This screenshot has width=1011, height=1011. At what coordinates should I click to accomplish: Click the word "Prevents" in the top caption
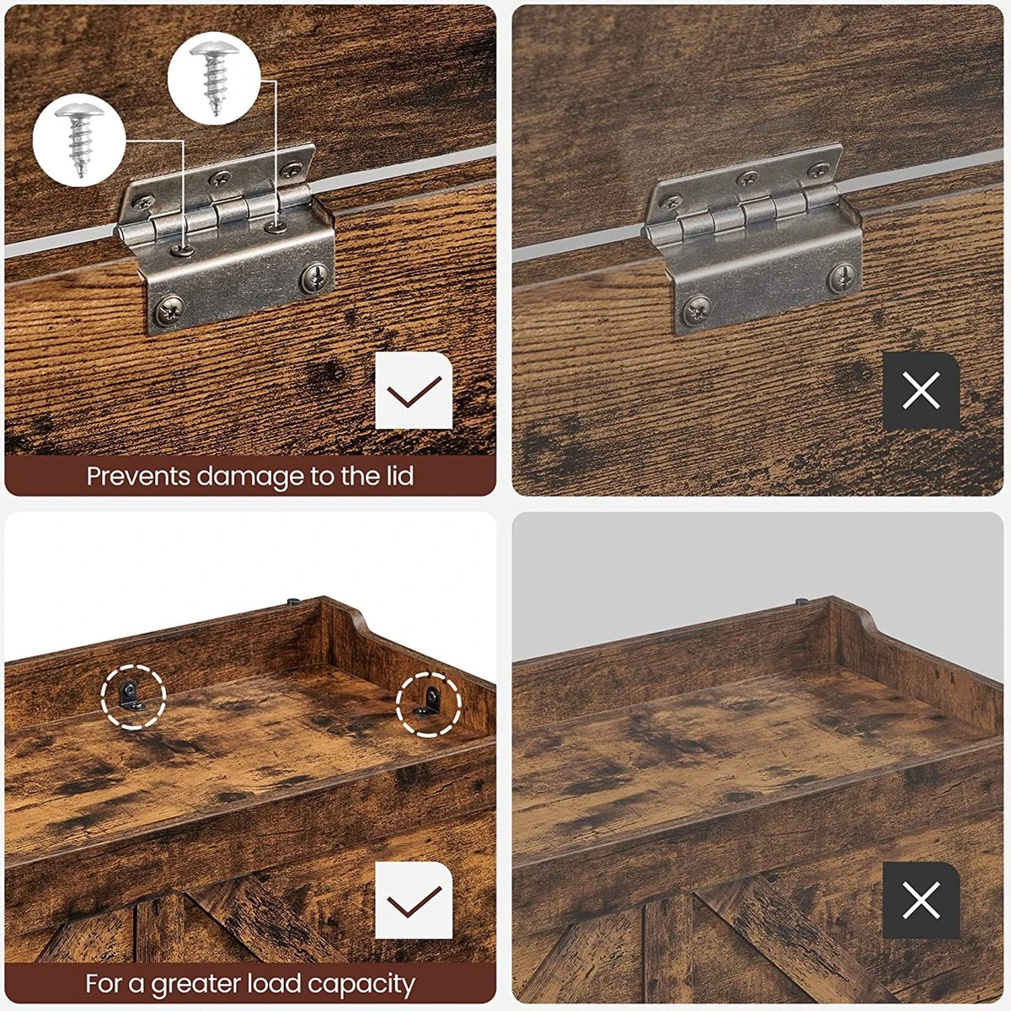[x=138, y=476]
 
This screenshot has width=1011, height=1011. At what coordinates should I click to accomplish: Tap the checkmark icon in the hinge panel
[x=414, y=391]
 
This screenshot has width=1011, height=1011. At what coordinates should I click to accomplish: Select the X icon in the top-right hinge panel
[x=922, y=391]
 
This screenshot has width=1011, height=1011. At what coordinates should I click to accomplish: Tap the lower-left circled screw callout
[x=79, y=141]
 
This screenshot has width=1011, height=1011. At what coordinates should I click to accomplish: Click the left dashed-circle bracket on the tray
[x=133, y=697]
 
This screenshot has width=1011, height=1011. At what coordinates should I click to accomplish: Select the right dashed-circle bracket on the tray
[x=429, y=704]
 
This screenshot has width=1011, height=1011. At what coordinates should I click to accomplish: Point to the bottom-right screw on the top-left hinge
[x=316, y=275]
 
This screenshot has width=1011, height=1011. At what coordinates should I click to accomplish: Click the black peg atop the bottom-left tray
[x=293, y=602]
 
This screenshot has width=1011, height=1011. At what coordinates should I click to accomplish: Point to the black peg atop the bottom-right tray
[x=801, y=602]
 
